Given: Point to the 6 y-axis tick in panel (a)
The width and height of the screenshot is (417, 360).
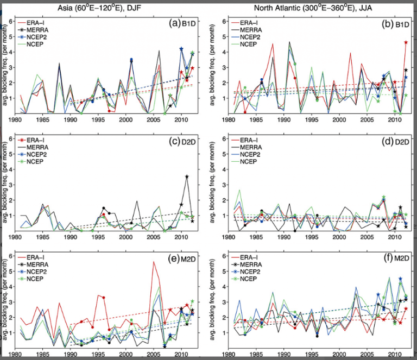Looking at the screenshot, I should click(12, 21).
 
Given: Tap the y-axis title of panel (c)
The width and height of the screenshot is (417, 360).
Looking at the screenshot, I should click(5, 185).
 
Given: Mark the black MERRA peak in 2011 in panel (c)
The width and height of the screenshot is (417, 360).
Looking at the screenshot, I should click(187, 176).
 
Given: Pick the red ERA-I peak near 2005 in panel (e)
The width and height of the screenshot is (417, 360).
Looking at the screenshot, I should click(154, 262).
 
